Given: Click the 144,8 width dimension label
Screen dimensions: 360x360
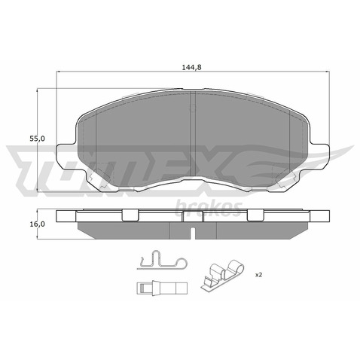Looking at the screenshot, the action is click(192, 67).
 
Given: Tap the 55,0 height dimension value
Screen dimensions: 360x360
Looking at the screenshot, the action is click(37, 139).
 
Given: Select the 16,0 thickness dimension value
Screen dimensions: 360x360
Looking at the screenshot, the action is click(37, 224).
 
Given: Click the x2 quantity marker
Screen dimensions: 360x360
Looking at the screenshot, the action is click(258, 275).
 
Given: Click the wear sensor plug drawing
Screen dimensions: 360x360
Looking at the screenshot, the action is click(162, 288).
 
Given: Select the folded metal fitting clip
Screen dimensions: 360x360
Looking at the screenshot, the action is click(222, 276).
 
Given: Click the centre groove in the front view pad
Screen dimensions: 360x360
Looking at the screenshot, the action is click(193, 134).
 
